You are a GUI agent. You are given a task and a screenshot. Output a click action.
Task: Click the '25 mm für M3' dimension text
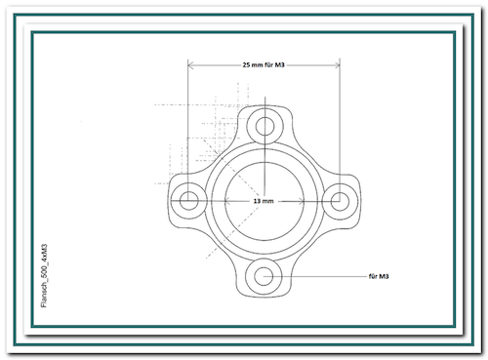(x=264, y=64)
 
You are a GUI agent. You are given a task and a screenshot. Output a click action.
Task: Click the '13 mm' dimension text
(x=264, y=201)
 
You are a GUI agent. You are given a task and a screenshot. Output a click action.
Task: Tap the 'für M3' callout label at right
(x=379, y=276)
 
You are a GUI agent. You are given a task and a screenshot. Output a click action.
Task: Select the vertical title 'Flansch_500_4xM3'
(x=44, y=276)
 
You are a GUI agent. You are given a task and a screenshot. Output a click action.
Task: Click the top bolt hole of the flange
(x=264, y=127)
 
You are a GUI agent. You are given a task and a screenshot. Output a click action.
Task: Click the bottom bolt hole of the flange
(x=264, y=276)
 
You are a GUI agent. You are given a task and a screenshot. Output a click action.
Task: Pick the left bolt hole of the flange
(x=188, y=201)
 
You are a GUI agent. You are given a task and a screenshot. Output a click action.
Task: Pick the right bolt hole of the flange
(x=340, y=201)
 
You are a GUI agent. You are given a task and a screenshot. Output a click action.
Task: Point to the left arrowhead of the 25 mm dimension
(x=191, y=65)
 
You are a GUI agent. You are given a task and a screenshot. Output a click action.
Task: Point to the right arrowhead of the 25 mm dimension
(x=337, y=65)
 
